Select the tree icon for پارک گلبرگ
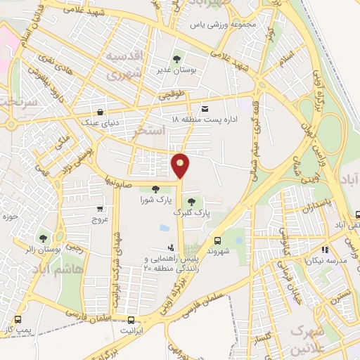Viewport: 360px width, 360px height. [x=192, y=201]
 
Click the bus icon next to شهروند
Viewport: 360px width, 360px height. [x=217, y=240]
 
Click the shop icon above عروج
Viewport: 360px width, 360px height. [x=100, y=209]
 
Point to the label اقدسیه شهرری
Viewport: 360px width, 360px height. [x=127, y=63]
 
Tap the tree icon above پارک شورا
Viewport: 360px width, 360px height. [x=155, y=188]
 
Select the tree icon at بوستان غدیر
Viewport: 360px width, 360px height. [x=176, y=59]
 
